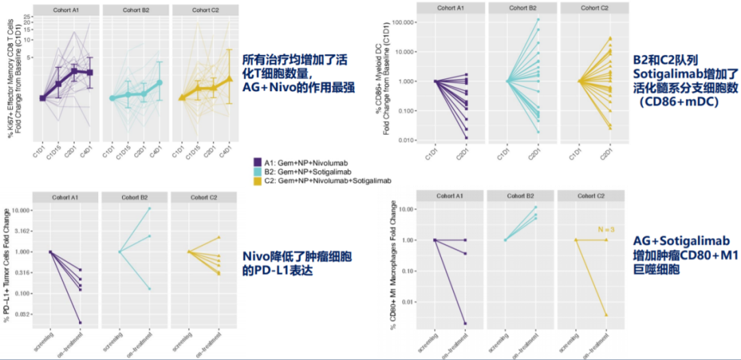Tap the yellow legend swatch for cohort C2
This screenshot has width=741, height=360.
point(258,180)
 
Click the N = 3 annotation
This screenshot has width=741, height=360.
point(607,230)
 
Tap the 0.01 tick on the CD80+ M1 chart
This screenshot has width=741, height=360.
point(410,302)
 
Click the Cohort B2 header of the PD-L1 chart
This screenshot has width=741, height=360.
point(134,197)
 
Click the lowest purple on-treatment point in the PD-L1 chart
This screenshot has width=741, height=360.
point(80,322)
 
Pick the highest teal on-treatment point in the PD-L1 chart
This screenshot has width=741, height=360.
point(150,208)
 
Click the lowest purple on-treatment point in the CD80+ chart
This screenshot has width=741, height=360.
point(464,323)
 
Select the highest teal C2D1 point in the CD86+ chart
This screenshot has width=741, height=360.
point(537,19)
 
